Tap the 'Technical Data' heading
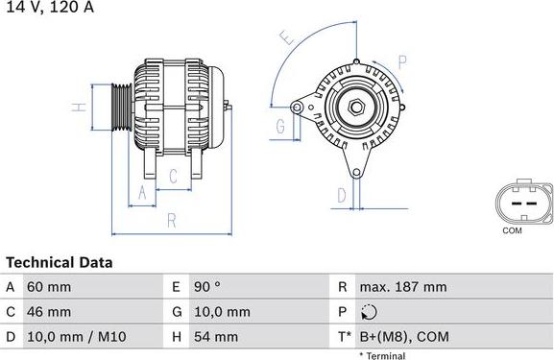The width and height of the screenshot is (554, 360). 60,262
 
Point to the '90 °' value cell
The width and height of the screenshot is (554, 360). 208,287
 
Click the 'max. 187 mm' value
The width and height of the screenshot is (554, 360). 403,287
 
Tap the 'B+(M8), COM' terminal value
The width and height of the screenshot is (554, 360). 404,337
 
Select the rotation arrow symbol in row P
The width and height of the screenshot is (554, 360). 372,312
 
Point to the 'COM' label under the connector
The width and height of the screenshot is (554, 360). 513,231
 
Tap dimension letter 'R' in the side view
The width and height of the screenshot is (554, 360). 171,221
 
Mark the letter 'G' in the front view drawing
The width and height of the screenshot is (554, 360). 280,126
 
